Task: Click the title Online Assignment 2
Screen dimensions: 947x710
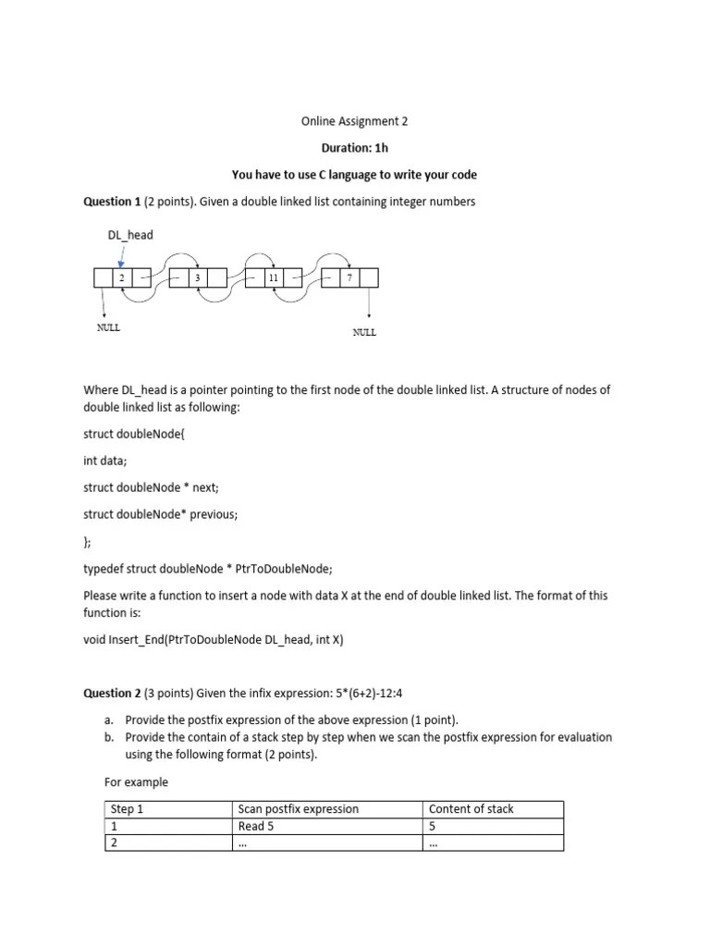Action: pos(354,121)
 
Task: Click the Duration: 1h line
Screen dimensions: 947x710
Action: pos(354,148)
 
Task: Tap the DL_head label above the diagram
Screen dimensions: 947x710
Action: pos(130,235)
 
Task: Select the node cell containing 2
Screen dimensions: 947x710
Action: pos(121,277)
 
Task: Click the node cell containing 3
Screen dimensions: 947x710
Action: pos(197,277)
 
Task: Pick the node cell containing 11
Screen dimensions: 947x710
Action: pos(273,277)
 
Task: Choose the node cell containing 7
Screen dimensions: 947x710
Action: pos(349,277)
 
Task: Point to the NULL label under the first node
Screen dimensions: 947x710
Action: pos(109,327)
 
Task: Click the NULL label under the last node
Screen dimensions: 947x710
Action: pos(364,333)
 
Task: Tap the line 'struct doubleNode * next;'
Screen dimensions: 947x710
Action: pos(151,487)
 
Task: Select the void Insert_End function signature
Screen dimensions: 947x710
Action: pos(213,639)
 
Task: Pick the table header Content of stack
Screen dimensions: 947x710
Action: pos(471,809)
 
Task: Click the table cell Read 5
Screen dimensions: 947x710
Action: pos(256,826)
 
